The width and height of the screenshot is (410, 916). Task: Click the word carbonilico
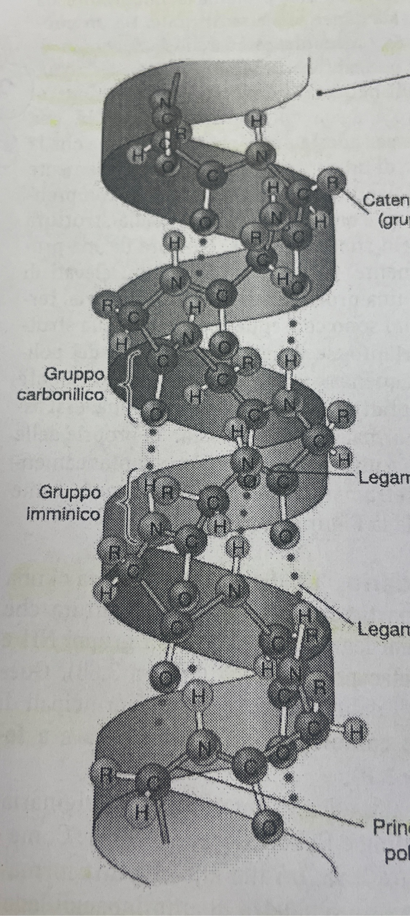pyautogui.click(x=60, y=395)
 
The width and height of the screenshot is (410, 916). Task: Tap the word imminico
pyautogui.click(x=63, y=514)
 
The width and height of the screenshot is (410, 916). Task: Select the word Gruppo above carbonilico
pyautogui.click(x=74, y=375)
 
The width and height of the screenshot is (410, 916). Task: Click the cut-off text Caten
pyautogui.click(x=385, y=200)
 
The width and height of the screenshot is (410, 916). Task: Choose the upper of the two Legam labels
pyautogui.click(x=384, y=478)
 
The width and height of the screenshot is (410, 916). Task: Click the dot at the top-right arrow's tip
pyautogui.click(x=319, y=93)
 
